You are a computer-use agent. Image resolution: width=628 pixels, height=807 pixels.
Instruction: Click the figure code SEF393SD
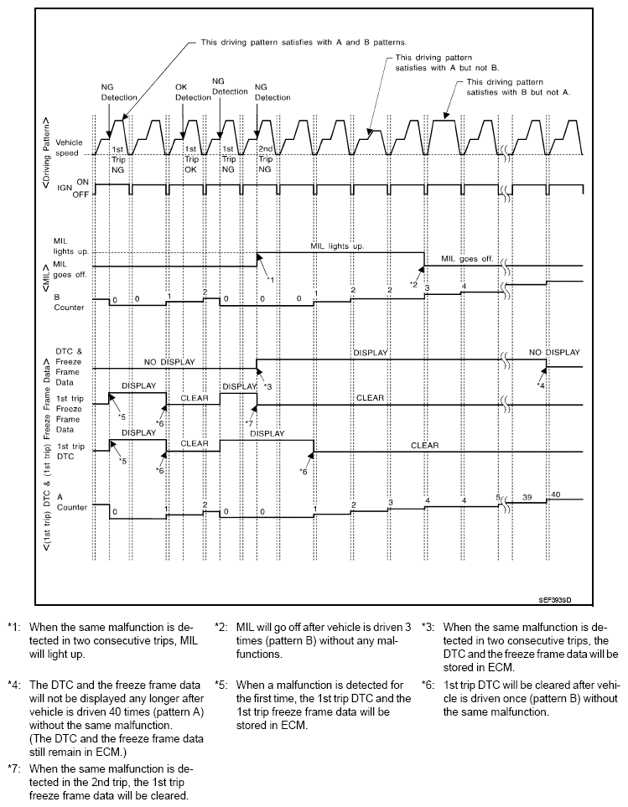(561, 599)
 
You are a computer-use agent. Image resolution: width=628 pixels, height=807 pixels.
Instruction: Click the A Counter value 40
(554, 494)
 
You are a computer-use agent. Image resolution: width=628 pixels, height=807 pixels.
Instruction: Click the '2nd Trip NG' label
(265, 158)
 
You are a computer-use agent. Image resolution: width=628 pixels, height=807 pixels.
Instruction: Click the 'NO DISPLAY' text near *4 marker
(553, 352)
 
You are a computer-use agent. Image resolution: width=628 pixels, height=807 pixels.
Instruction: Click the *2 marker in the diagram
(413, 284)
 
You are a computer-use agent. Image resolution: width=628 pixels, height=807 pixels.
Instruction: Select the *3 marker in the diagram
(267, 385)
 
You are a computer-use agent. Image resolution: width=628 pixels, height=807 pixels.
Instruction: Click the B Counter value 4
(462, 287)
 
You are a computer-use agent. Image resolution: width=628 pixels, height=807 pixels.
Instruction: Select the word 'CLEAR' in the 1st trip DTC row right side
(425, 446)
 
